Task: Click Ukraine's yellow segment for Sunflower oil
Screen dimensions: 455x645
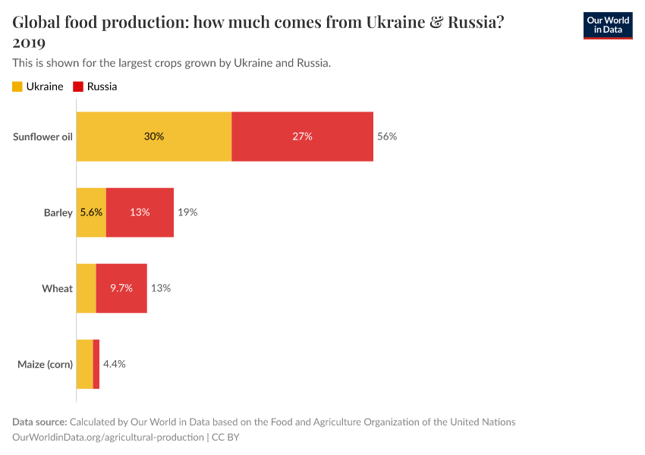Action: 153,136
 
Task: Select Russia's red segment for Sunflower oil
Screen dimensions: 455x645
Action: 302,136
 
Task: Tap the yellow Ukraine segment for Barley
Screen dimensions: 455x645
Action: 91,212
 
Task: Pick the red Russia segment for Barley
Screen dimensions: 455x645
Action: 140,212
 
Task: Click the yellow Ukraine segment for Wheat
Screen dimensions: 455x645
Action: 86,288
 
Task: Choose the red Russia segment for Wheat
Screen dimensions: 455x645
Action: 121,288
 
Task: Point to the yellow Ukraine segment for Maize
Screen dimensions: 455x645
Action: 84,364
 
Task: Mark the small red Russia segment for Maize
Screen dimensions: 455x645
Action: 96,364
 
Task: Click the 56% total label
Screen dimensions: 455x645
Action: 387,136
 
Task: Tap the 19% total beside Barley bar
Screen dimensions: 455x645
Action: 187,212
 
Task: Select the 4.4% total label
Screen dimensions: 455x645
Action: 114,364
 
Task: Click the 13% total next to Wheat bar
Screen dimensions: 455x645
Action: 160,288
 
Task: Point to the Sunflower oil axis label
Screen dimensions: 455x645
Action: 42,136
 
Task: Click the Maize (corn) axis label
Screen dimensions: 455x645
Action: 45,364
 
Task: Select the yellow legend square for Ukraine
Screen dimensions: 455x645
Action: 17,86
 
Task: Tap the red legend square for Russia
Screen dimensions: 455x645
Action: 78,86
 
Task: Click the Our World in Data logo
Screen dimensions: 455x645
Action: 607,25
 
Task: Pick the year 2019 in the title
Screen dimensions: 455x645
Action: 29,42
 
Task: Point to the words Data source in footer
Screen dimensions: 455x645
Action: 39,422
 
